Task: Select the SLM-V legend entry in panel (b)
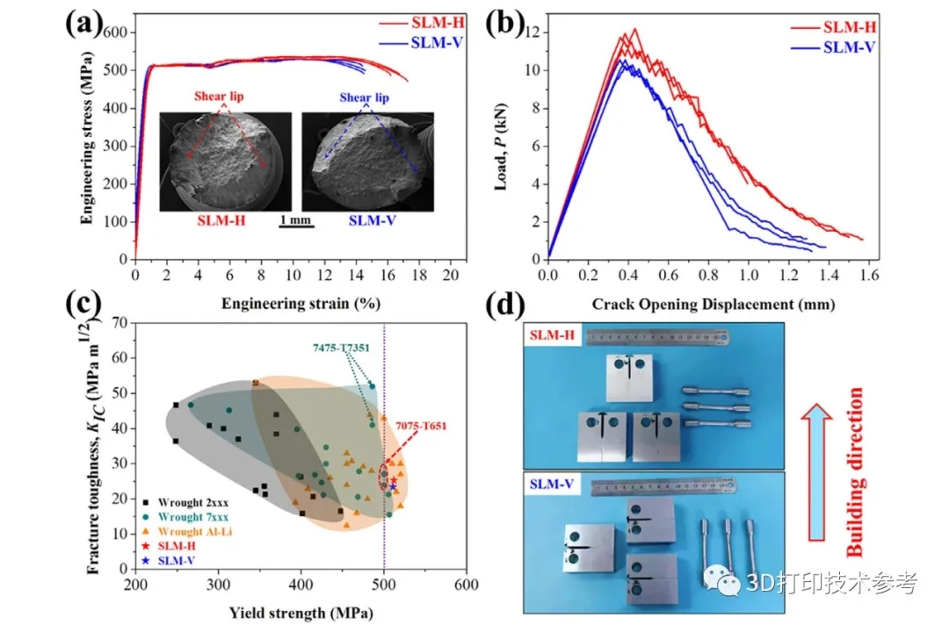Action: coord(849,47)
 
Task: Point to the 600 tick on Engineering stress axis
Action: coord(115,32)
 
